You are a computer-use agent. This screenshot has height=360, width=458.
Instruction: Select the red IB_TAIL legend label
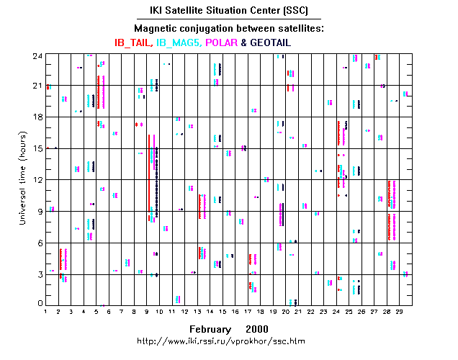coord(132,42)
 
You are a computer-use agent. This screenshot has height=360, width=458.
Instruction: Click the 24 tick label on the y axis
coord(36,55)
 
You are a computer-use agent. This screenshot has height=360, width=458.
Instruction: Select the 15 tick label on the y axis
coord(36,148)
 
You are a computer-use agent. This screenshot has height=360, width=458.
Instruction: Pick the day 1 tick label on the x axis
coord(46,311)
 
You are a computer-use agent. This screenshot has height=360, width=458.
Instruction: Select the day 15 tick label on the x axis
coord(225,311)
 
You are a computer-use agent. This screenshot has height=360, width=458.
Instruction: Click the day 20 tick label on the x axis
coord(290,311)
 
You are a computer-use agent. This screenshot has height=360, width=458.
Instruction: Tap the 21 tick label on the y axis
coord(36,86)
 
